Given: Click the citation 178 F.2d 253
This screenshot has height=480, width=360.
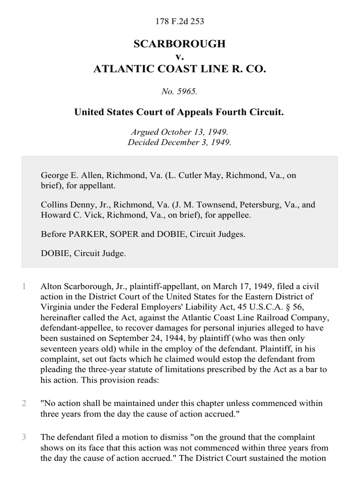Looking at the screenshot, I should [x=180, y=21].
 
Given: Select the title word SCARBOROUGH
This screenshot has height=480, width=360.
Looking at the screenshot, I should [x=180, y=44].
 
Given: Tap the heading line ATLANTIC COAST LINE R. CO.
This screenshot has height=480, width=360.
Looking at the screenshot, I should [x=180, y=69].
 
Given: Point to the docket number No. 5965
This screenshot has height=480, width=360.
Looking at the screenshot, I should [x=180, y=92].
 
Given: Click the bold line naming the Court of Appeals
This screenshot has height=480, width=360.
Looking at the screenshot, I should [x=180, y=113].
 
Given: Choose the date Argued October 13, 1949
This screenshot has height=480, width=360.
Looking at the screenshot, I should [x=180, y=133].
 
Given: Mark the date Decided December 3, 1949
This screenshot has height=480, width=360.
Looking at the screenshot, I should [x=180, y=142].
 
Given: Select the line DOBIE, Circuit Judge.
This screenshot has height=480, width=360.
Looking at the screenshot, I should [x=83, y=253].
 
